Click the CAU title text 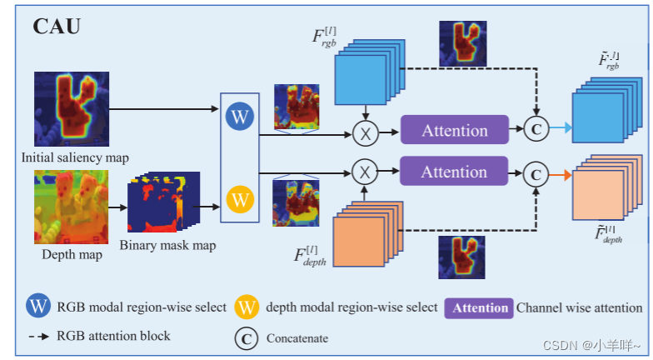click(x=57, y=26)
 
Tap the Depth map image click(x=71, y=206)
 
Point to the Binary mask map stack click(x=163, y=203)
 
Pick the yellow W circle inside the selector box click(x=240, y=199)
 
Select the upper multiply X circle click(x=364, y=132)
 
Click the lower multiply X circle click(x=364, y=172)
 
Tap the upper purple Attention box click(x=454, y=131)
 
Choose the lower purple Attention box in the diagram click(x=454, y=172)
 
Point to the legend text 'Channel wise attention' click(x=580, y=307)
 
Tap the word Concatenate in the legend click(x=297, y=338)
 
